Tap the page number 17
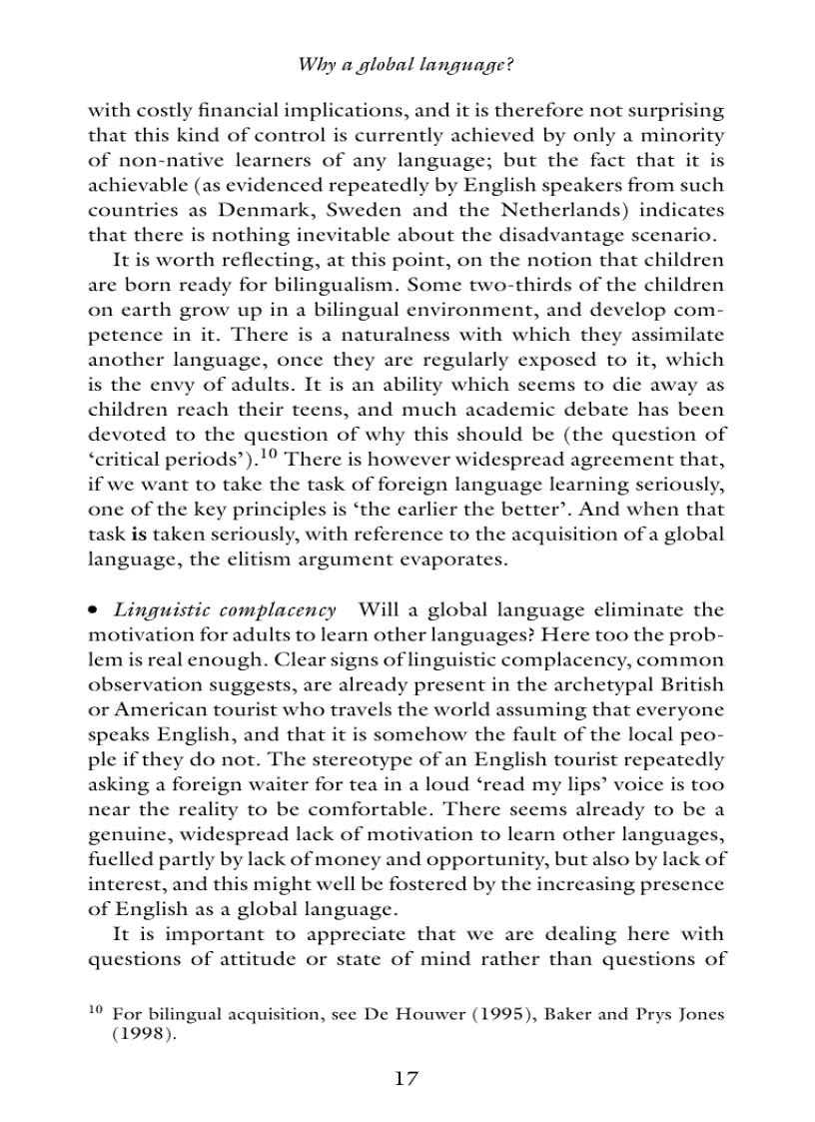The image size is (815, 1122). tap(406, 1078)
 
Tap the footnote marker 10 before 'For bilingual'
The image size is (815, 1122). tap(96, 1010)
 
